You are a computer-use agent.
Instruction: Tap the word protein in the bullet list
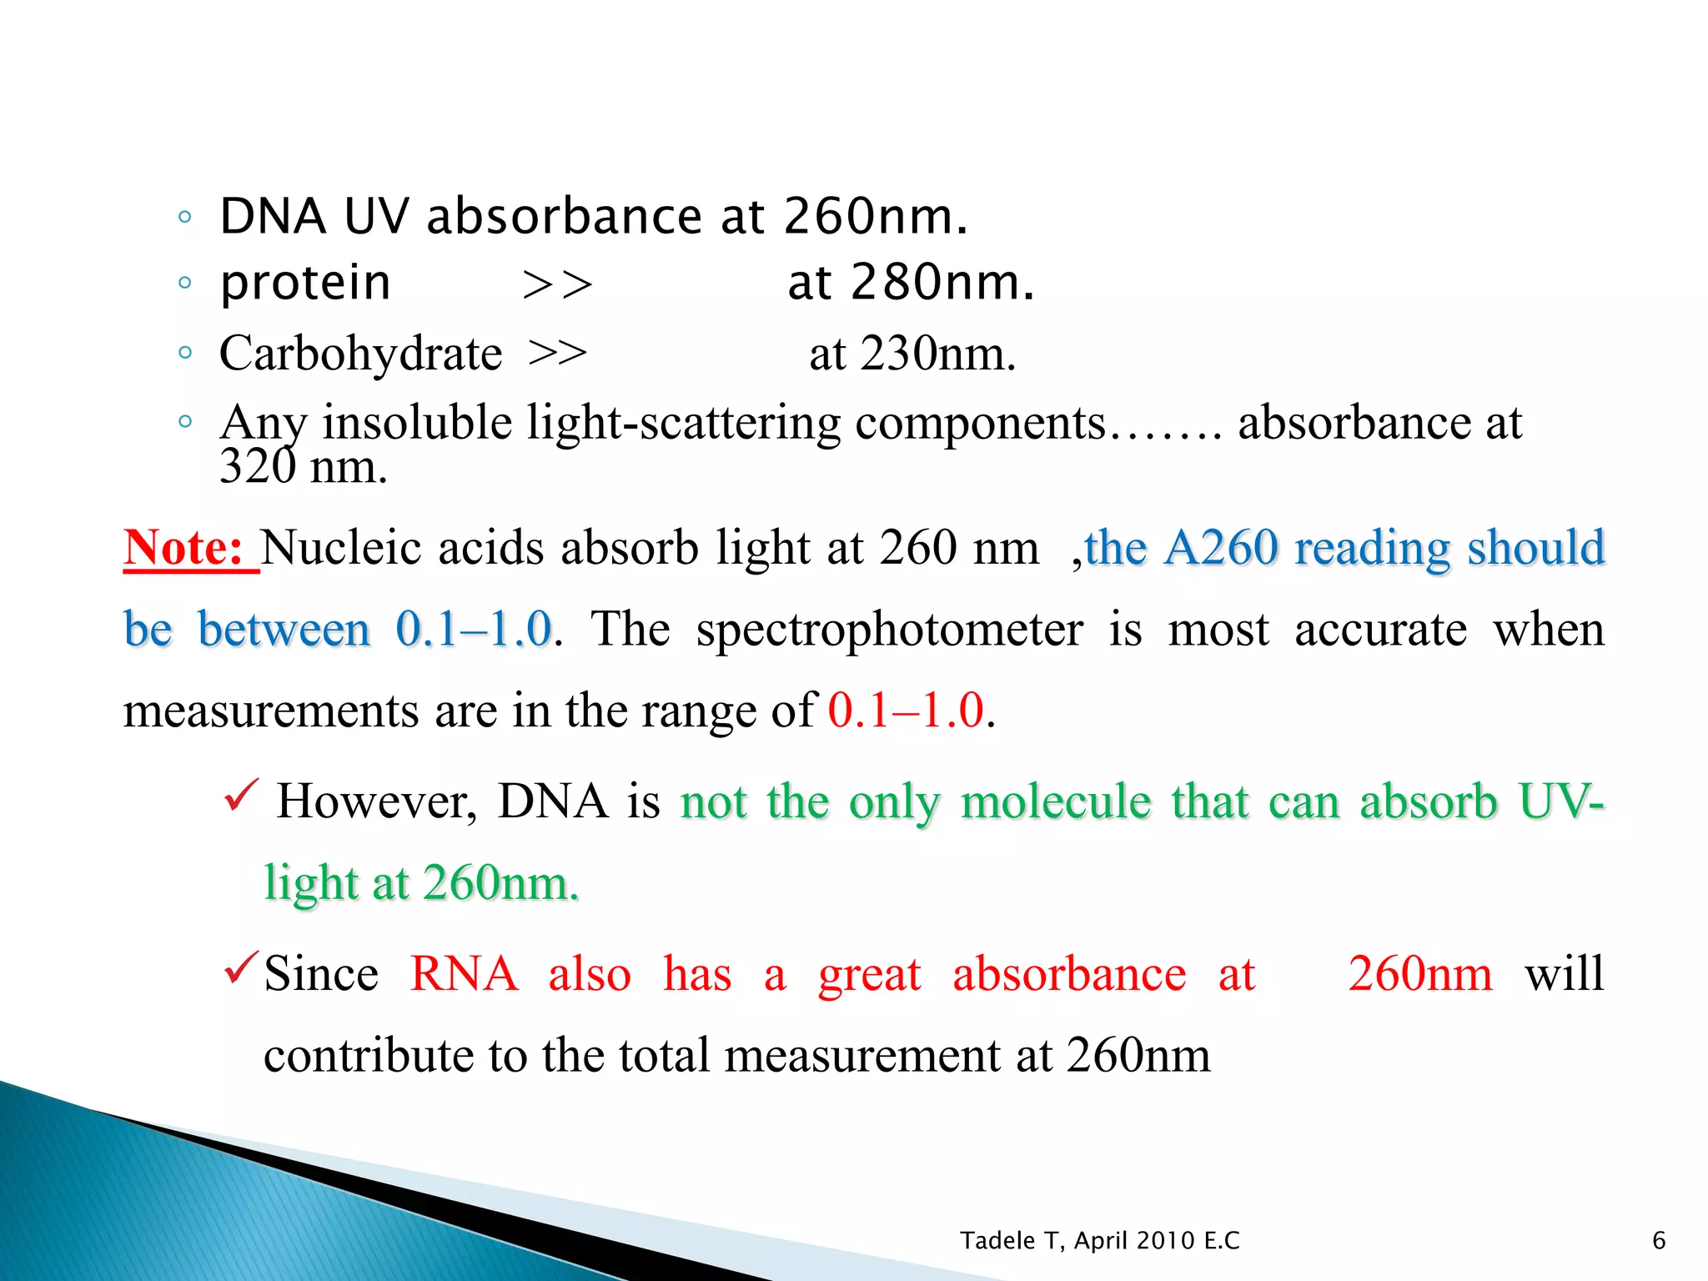point(305,284)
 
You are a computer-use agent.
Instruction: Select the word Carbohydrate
point(360,354)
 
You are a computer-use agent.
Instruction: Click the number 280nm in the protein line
point(942,283)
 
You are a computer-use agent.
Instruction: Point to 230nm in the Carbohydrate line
point(937,354)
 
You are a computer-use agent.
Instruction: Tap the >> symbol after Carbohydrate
point(557,354)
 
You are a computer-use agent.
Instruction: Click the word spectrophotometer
point(890,629)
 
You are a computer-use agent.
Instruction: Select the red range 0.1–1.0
point(906,711)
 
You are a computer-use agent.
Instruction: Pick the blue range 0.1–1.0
point(474,629)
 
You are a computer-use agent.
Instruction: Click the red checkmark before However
point(242,796)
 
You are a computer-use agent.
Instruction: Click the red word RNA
point(464,974)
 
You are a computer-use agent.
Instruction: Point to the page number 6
point(1659,1241)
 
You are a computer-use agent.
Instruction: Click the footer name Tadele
point(997,1241)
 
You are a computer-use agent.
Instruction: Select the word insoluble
point(417,422)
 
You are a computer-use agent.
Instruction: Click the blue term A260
point(1221,549)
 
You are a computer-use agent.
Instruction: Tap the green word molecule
point(1056,802)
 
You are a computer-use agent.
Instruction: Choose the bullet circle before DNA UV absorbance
point(185,218)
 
